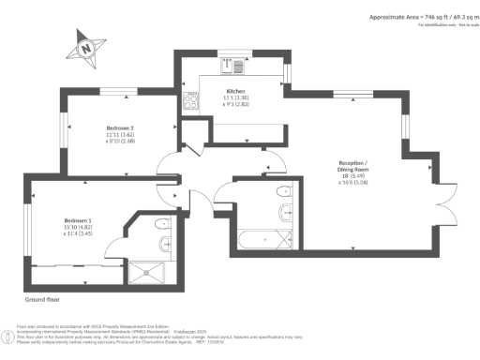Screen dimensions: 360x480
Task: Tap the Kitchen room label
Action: click(234, 82)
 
